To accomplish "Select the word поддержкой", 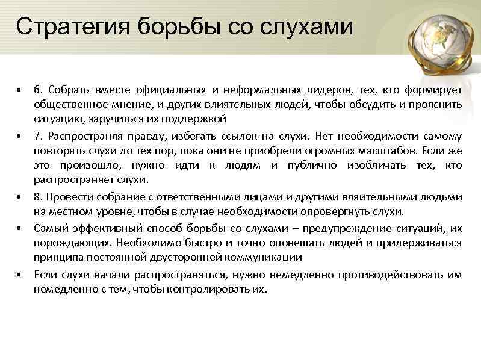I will tap(198, 118).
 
